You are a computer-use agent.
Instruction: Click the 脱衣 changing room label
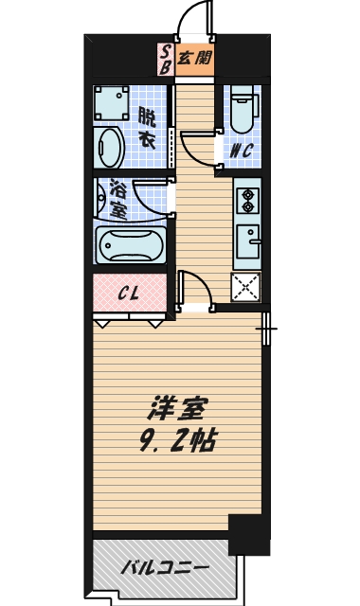[x=147, y=127]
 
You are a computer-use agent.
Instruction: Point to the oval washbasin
[x=110, y=149]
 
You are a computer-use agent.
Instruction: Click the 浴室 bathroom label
[x=117, y=199]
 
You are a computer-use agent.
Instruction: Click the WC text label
[x=238, y=148]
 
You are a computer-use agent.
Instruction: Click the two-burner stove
[x=248, y=201]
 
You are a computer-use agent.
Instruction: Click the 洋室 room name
[x=175, y=410]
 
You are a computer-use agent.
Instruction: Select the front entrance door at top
[x=194, y=19]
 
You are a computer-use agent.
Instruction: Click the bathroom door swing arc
[x=152, y=199]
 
